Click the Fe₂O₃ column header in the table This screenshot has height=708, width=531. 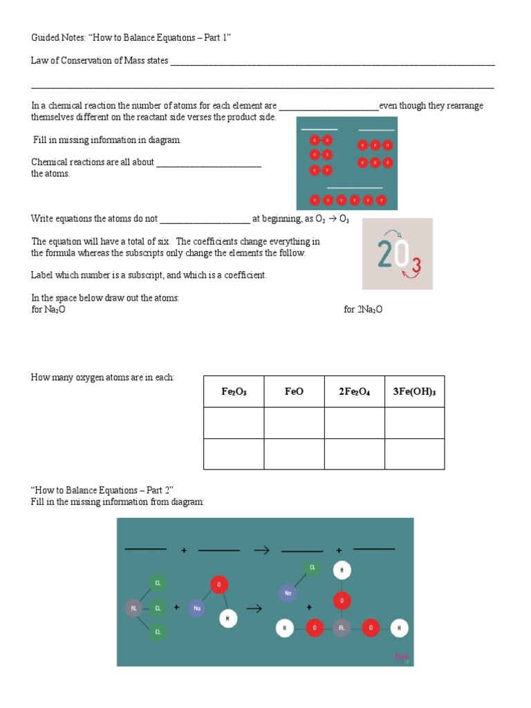click(x=234, y=391)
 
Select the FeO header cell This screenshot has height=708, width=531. click(x=294, y=391)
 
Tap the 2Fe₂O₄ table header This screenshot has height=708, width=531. click(x=354, y=391)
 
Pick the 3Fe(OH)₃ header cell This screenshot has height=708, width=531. click(x=414, y=391)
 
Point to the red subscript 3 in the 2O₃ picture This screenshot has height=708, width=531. click(x=416, y=265)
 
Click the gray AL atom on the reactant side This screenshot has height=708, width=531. click(x=133, y=608)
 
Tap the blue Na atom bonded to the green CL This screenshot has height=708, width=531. click(x=288, y=593)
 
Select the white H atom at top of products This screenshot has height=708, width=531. click(x=341, y=570)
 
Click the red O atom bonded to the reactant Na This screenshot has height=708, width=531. click(x=219, y=585)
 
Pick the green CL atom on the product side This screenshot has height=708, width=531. click(x=313, y=568)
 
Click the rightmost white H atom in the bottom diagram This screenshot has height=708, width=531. click(x=399, y=628)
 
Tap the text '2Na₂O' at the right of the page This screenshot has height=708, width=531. click(x=363, y=310)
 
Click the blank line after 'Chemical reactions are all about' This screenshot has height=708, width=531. click(x=209, y=166)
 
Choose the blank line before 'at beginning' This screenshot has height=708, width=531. click(x=205, y=222)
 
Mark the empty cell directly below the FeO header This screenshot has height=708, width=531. click(x=294, y=422)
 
